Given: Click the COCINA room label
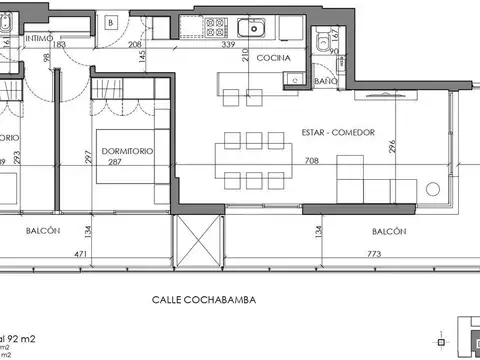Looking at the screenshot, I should pos(273,58).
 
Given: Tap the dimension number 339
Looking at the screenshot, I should pos(256,45).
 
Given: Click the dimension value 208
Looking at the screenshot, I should pos(135,45).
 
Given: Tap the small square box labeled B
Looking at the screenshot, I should pos(112,20).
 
